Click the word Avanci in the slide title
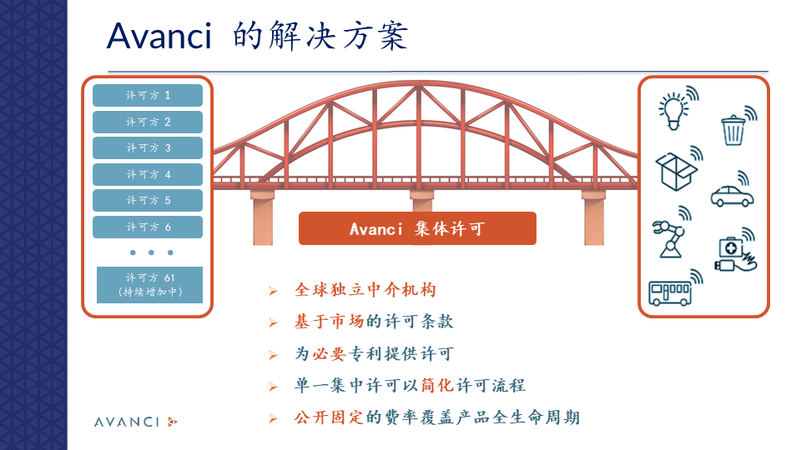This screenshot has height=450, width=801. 159,36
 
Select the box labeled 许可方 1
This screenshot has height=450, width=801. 148,96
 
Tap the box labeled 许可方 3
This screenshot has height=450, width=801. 148,148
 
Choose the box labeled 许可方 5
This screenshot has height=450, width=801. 148,201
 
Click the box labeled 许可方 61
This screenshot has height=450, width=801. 149,285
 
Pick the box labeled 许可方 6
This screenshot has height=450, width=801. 148,227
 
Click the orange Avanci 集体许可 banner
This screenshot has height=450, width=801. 417,229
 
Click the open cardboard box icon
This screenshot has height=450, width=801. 674,171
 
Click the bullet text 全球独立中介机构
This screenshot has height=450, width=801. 365,290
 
